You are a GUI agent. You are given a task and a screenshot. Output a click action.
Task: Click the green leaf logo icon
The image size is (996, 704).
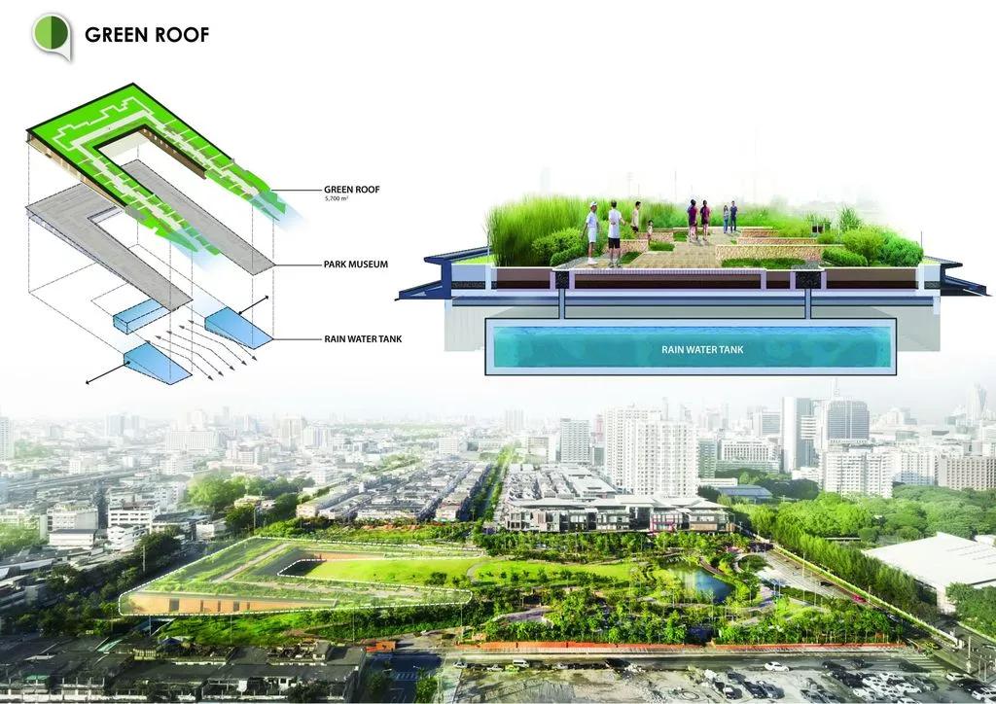(x=52, y=35)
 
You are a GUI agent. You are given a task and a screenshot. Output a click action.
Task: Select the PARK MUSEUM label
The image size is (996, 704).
(x=356, y=264)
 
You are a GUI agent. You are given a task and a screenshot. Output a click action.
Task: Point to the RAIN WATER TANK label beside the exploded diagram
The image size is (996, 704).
(x=363, y=339)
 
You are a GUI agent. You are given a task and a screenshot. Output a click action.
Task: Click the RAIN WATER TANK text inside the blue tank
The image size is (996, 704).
(x=702, y=349)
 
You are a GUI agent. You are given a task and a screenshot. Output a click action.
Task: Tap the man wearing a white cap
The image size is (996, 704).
(x=592, y=232)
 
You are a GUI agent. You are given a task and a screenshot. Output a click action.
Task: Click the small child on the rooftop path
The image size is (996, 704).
(x=649, y=231)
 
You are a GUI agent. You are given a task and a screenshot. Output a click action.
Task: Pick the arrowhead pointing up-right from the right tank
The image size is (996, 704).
(x=265, y=299)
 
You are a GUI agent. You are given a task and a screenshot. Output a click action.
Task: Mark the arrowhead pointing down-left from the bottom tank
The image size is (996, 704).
(x=89, y=381)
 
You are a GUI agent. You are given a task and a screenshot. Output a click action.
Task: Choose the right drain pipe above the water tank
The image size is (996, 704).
(x=808, y=304)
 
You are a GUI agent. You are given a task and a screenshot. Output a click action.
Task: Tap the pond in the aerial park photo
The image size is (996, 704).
(x=698, y=582)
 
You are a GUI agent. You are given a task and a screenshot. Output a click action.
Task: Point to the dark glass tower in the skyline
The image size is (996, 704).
(x=847, y=422)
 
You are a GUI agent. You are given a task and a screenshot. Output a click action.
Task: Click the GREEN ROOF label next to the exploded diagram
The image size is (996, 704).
(x=352, y=190)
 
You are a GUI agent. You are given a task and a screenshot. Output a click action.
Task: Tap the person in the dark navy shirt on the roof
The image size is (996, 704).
(x=733, y=217)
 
